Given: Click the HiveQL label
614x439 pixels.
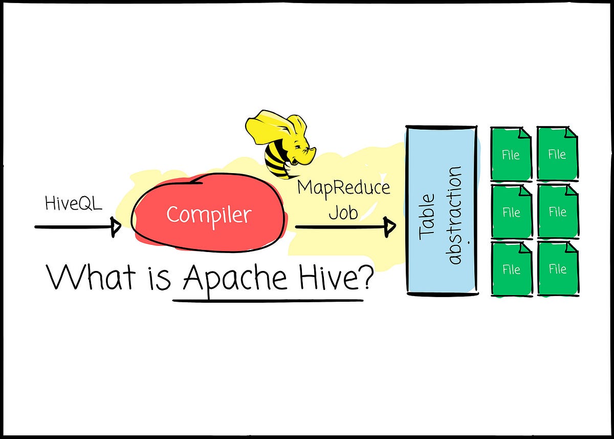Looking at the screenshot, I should (x=73, y=204).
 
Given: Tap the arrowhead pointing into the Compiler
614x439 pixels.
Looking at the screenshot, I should (x=116, y=226).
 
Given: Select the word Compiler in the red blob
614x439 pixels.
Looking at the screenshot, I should (x=209, y=214).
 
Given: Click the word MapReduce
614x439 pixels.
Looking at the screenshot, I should (x=343, y=187).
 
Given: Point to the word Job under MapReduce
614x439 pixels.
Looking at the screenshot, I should (x=343, y=211).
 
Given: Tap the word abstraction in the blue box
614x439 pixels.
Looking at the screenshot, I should (x=454, y=215).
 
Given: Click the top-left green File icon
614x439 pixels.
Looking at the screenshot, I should (x=511, y=154).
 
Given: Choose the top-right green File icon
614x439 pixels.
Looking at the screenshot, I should (x=557, y=154).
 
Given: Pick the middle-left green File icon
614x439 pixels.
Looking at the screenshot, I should (x=511, y=211).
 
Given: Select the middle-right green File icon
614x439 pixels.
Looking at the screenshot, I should (x=557, y=211).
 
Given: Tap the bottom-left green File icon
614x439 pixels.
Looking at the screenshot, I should (x=511, y=269).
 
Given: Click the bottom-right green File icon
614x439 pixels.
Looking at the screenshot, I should (x=557, y=269).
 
